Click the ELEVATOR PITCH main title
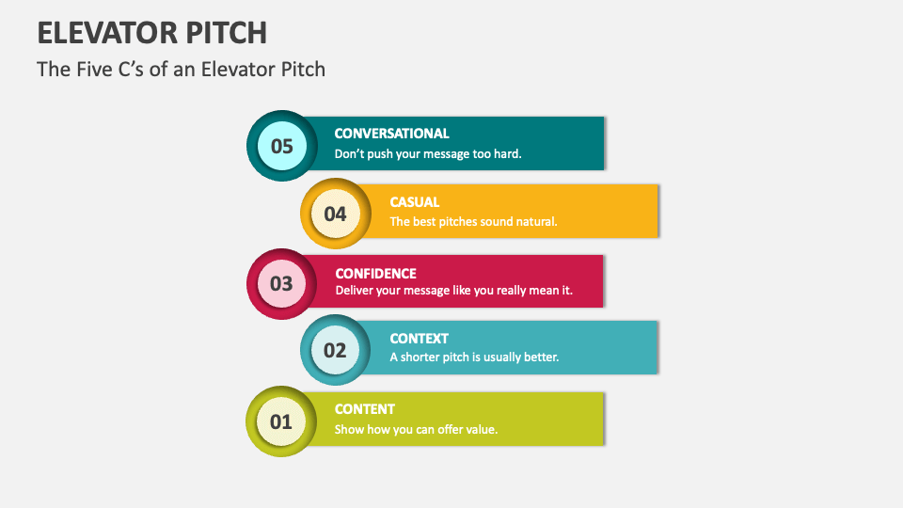151,32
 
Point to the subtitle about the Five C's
181,70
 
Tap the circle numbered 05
282,146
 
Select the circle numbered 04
336,214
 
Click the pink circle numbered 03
282,283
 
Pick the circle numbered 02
336,351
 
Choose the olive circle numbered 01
282,421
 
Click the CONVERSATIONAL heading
391,134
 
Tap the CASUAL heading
415,201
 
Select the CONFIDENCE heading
375,274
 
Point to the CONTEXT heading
420,338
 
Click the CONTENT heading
365,409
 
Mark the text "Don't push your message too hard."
428,153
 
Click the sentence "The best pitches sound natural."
474,222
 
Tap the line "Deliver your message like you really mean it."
454,291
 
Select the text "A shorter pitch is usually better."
475,357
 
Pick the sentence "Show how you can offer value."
416,430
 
